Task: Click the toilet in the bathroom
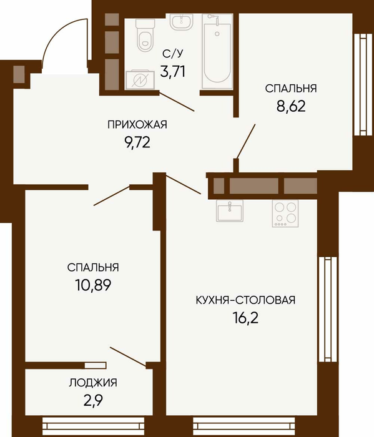coord(145,36)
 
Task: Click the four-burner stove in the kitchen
coord(285,214)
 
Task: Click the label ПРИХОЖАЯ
coord(137,124)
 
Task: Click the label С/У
coord(173,54)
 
